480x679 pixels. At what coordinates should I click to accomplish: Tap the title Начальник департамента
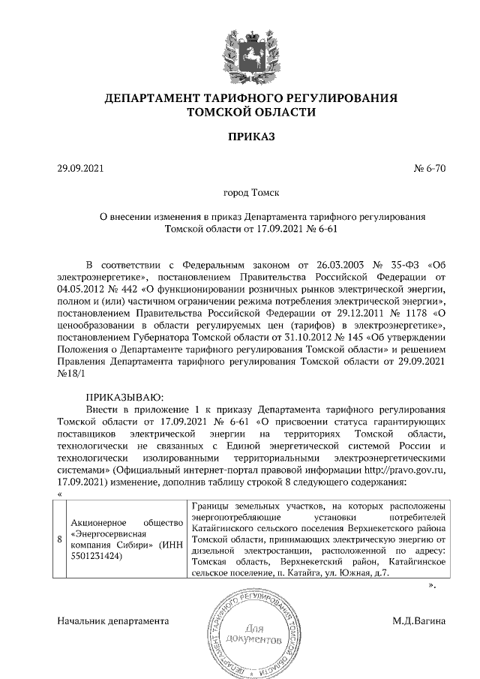click(113, 621)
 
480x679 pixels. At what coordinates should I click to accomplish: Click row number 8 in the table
click(60, 539)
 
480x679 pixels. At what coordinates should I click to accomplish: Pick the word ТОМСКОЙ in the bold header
click(217, 113)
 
